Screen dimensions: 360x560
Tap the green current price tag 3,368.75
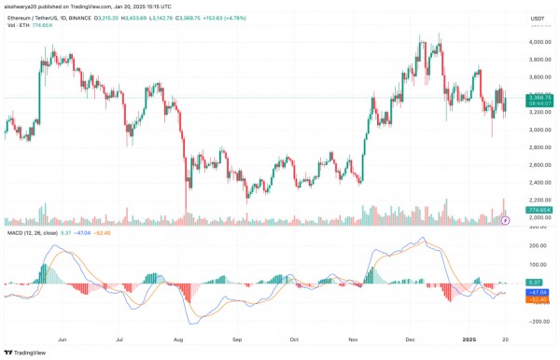[538, 96]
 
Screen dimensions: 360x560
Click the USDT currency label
[537, 19]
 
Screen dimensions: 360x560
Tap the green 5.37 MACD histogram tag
[535, 282]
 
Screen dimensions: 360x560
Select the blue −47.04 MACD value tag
[537, 292]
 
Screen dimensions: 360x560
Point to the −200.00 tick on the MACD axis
[537, 322]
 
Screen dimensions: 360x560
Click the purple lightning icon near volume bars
[506, 221]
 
